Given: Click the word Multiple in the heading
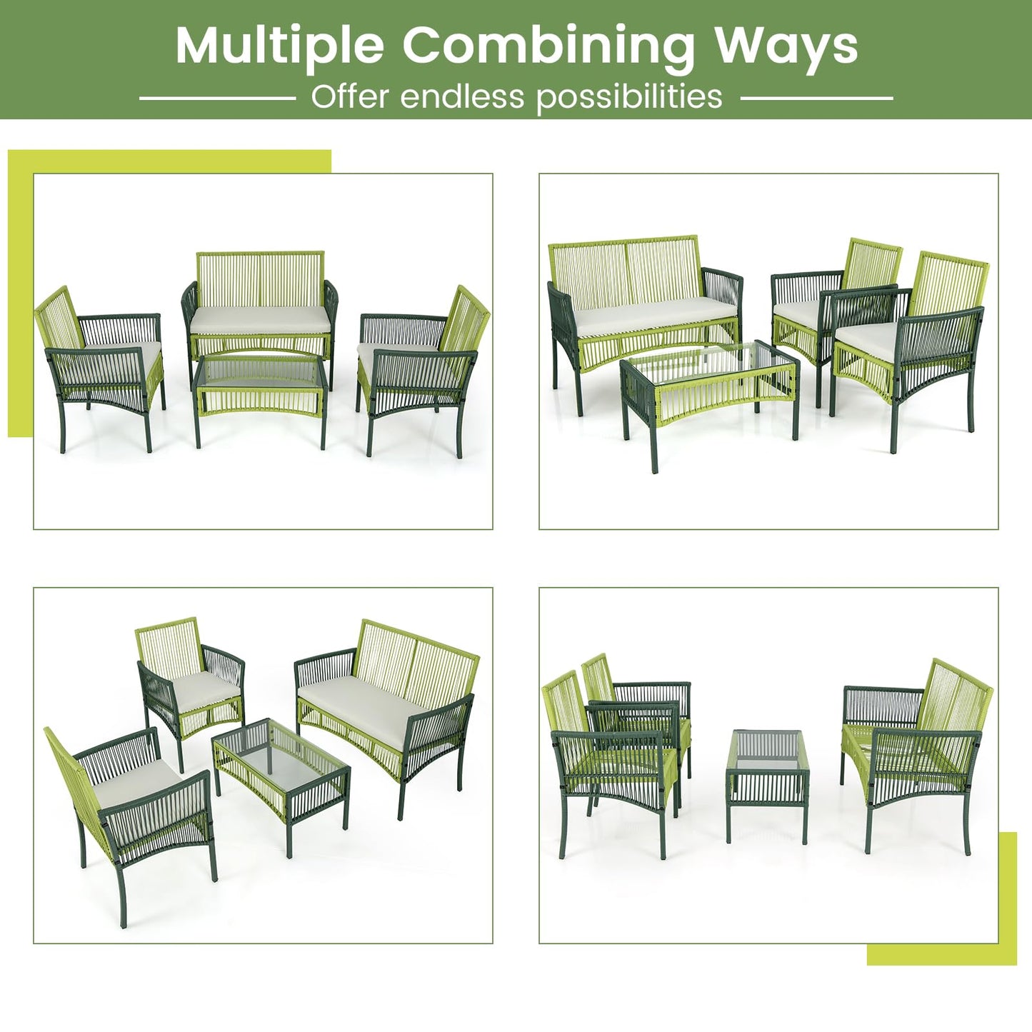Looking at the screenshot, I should click(279, 46).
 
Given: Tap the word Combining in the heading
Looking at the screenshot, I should click(548, 46).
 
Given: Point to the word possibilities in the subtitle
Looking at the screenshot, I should click(629, 97).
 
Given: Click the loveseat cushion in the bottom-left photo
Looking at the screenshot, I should click(354, 703).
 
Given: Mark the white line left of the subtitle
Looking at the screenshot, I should click(218, 98).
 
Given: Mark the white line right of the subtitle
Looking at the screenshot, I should click(816, 98).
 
